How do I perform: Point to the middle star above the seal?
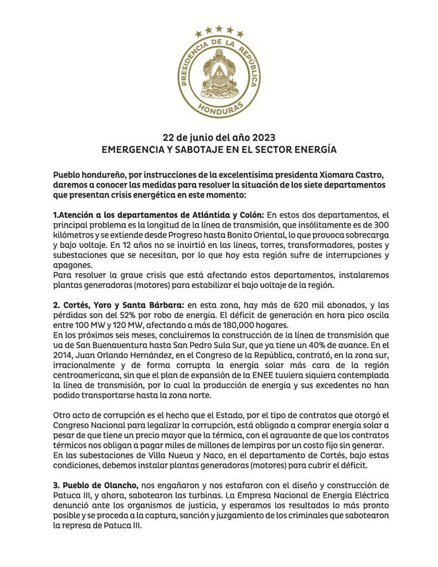pos(219,28)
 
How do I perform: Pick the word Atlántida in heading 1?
pos(191,214)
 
